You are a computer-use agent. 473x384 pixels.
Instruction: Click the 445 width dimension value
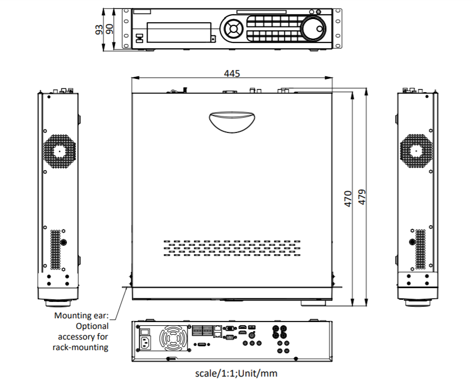point(231,74)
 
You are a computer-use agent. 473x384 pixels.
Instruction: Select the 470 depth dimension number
point(349,199)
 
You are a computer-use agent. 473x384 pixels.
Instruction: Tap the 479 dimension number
point(362,197)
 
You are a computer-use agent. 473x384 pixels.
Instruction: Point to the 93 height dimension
point(99,29)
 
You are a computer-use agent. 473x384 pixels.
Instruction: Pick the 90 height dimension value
point(110,29)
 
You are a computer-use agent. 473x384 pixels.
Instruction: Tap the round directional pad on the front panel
point(233,29)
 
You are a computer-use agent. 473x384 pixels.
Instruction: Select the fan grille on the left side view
point(59,150)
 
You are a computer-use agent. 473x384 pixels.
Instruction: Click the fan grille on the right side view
point(416,150)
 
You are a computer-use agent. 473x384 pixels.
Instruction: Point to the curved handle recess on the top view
point(232,121)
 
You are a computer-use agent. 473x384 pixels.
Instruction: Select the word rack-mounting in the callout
point(81,347)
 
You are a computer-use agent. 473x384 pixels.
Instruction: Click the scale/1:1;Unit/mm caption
point(236,373)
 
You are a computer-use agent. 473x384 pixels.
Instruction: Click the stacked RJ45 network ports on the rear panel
point(218,331)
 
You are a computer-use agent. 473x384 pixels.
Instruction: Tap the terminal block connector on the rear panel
point(202,331)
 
